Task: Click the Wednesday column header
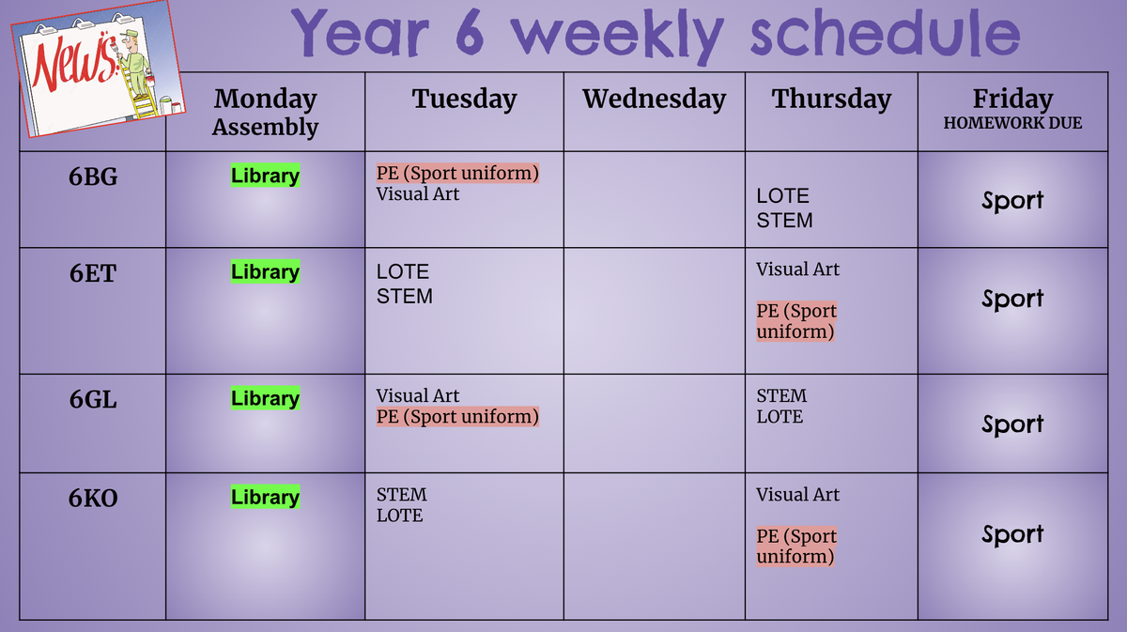pyautogui.click(x=654, y=99)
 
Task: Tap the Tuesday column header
pyautogui.click(x=464, y=99)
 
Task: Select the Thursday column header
pyautogui.click(x=832, y=99)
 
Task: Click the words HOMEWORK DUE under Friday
pyautogui.click(x=1012, y=123)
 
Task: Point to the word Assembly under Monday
pyautogui.click(x=265, y=128)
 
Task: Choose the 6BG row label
pyautogui.click(x=93, y=177)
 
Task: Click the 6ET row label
pyautogui.click(x=93, y=273)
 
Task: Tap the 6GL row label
pyautogui.click(x=93, y=399)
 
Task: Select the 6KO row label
pyautogui.click(x=93, y=498)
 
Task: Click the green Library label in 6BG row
pyautogui.click(x=265, y=175)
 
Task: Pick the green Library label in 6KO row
pyautogui.click(x=265, y=497)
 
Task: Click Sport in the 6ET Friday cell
pyautogui.click(x=1012, y=299)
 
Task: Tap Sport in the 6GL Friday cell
pyautogui.click(x=1012, y=424)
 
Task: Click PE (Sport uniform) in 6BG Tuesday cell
pyautogui.click(x=457, y=173)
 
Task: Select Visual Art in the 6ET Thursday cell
pyautogui.click(x=797, y=270)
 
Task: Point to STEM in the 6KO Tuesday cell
pyautogui.click(x=402, y=495)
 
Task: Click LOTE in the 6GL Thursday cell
pyautogui.click(x=780, y=417)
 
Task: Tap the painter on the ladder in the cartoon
pyautogui.click(x=135, y=63)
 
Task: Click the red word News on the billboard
pyautogui.click(x=74, y=63)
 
